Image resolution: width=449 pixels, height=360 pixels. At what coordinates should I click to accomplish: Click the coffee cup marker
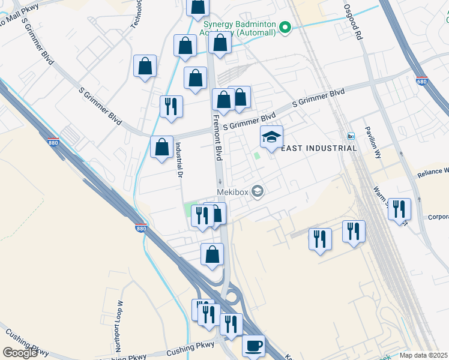click(253, 346)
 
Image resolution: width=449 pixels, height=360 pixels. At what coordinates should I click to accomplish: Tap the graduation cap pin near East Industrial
click(271, 137)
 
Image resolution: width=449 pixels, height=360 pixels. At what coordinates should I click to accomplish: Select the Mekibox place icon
click(258, 191)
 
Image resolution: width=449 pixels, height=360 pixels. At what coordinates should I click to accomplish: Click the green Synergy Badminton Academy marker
click(286, 27)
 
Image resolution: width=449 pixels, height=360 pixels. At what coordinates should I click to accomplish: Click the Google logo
click(20, 353)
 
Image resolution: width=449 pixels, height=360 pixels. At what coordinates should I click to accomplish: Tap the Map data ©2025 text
click(424, 355)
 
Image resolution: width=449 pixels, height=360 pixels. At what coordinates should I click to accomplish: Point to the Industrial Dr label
click(178, 160)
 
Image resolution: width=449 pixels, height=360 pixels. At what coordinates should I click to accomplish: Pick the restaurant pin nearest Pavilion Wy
click(399, 209)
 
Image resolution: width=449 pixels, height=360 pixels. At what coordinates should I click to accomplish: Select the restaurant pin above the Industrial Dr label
click(171, 106)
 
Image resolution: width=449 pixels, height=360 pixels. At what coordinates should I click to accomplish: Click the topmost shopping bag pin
click(197, 7)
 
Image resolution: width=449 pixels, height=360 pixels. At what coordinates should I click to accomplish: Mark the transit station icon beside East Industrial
click(351, 136)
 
